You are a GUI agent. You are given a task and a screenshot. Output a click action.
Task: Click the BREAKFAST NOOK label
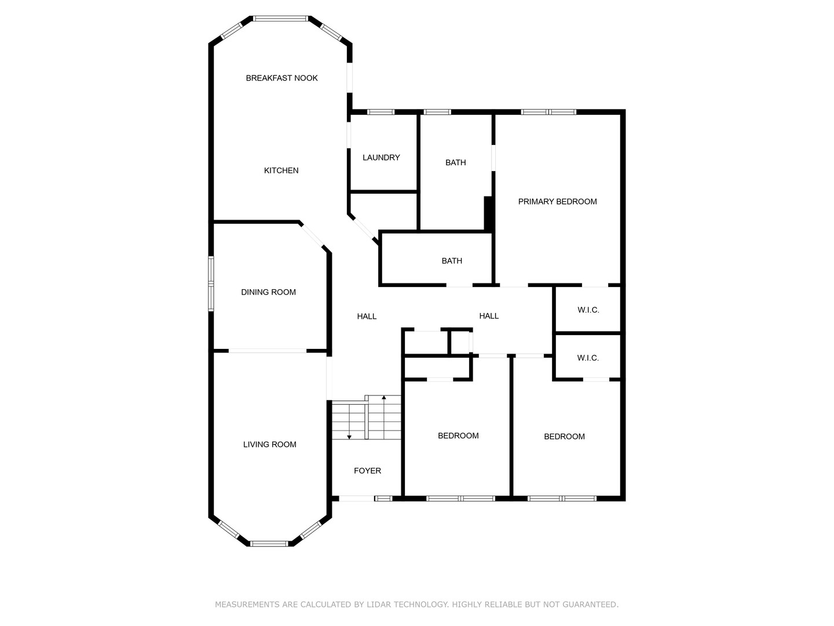281,78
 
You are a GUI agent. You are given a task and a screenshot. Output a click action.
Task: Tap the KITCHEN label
281,170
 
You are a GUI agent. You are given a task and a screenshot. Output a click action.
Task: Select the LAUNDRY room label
381,157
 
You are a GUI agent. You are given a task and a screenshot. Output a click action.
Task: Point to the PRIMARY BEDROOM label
557,202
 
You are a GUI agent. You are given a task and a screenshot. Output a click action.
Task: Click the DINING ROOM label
268,292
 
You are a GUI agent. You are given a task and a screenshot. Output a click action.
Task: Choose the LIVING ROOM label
269,445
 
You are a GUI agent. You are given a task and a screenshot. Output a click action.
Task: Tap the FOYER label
367,471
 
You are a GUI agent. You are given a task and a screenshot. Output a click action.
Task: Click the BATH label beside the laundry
456,162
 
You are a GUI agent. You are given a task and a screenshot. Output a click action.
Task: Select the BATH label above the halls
452,261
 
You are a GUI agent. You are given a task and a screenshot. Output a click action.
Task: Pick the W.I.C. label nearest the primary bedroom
588,310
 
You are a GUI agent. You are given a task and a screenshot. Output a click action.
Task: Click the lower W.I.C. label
588,358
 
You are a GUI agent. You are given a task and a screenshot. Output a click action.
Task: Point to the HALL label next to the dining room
367,316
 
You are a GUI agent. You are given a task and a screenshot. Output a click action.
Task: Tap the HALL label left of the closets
489,316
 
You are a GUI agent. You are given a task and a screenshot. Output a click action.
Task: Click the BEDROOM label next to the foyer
458,435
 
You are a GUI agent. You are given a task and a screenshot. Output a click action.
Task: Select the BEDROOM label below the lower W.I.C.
564,436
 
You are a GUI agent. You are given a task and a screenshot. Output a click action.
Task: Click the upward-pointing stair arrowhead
384,398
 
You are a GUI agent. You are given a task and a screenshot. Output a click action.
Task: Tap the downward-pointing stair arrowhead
349,437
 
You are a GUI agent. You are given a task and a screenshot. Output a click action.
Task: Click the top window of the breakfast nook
280,18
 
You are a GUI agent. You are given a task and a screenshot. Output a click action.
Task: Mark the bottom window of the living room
269,544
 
